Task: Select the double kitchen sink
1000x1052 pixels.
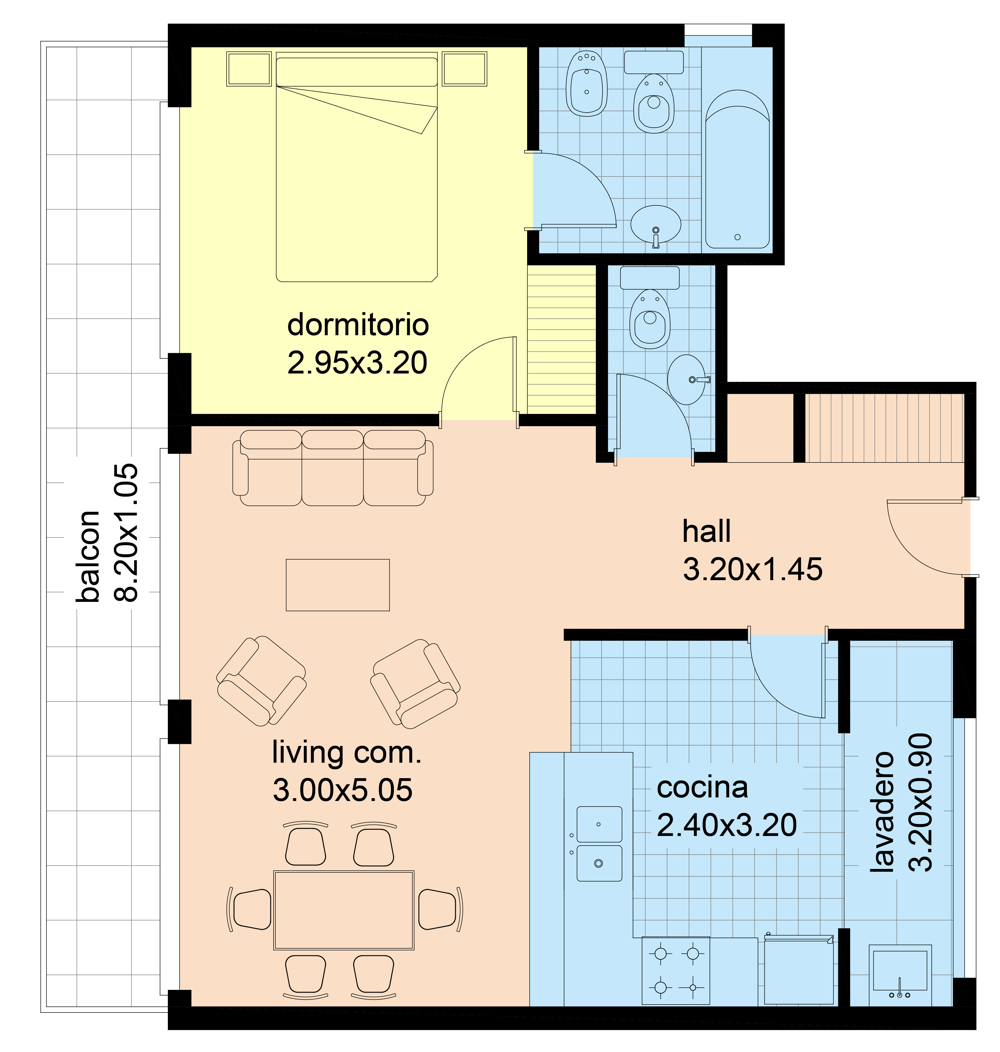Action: pyautogui.click(x=599, y=844)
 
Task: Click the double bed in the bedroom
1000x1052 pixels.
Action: pyautogui.click(x=356, y=167)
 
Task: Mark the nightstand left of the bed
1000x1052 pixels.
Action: pyautogui.click(x=249, y=69)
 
